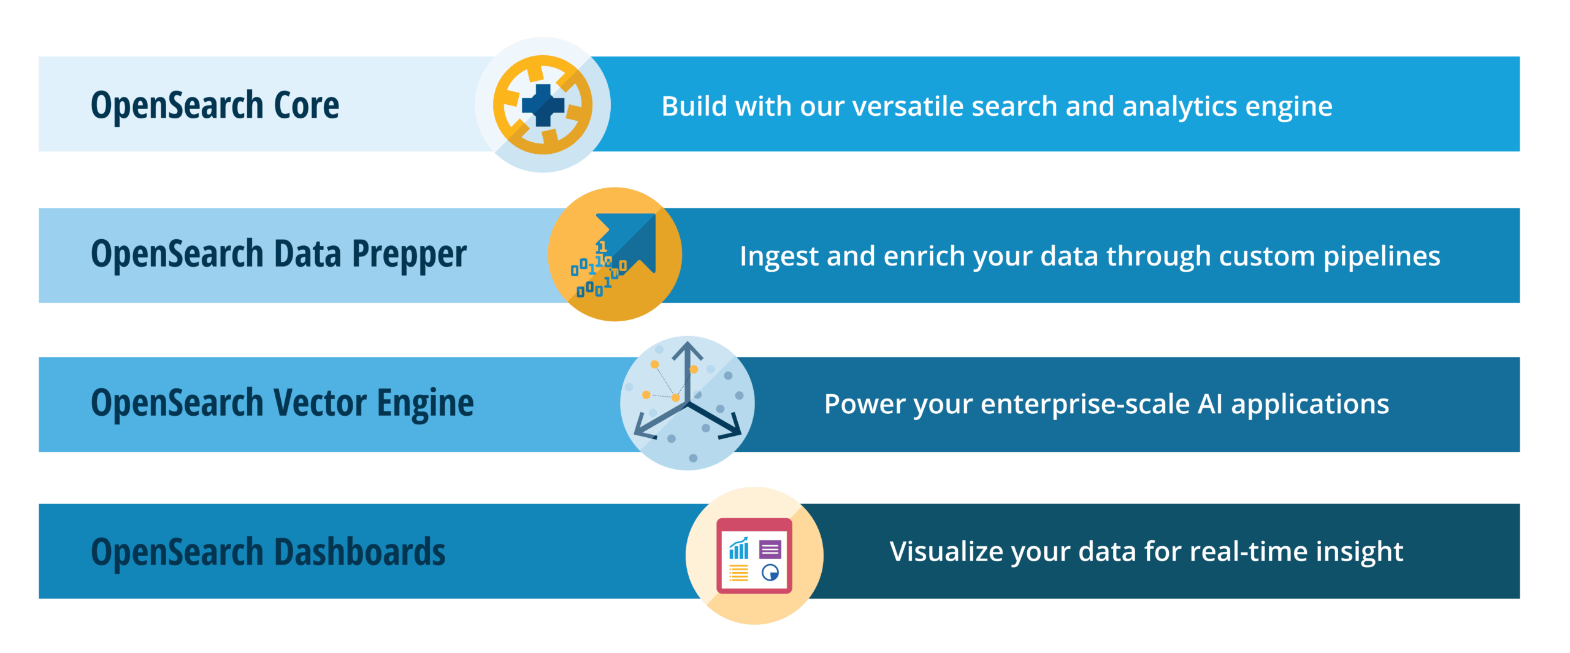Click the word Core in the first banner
(x=306, y=105)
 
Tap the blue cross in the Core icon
(x=543, y=105)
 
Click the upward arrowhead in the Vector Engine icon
(x=687, y=349)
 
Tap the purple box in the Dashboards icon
(x=770, y=549)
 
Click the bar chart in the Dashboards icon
(x=739, y=549)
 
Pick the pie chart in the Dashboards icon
(x=770, y=573)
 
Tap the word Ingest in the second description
(x=778, y=257)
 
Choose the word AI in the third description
(x=1210, y=404)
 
